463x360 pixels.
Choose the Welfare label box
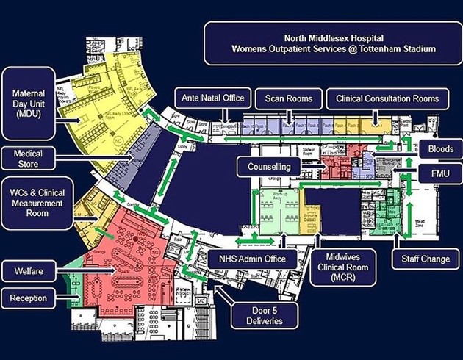click(29, 272)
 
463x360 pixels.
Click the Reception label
click(29, 298)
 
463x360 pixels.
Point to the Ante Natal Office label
click(214, 98)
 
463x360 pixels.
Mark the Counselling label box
click(269, 167)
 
